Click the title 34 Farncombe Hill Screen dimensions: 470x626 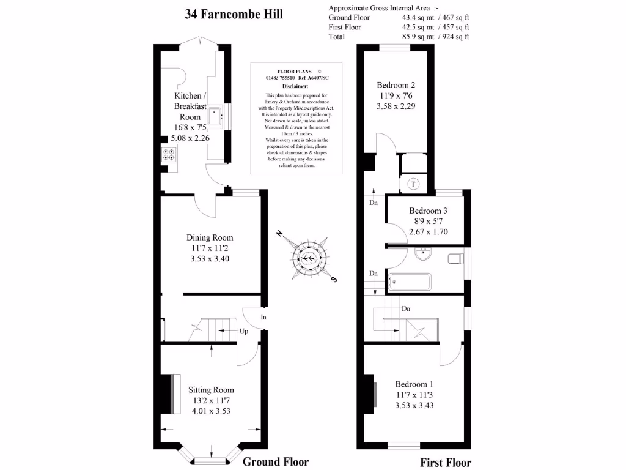(234, 14)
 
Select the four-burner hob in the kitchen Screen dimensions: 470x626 (169, 154)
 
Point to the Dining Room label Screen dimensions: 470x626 (210, 237)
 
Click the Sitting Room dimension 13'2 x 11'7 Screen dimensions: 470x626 (211, 400)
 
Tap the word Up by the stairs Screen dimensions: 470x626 (244, 332)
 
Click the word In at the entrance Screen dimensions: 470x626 (263, 317)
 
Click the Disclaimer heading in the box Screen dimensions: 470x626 (295, 86)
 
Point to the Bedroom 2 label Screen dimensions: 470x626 (396, 85)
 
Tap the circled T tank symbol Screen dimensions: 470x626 (413, 184)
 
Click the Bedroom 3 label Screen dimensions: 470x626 (429, 211)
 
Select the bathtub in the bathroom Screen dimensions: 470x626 (410, 282)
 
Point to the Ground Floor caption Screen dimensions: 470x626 (276, 461)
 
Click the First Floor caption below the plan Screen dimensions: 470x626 (446, 463)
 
